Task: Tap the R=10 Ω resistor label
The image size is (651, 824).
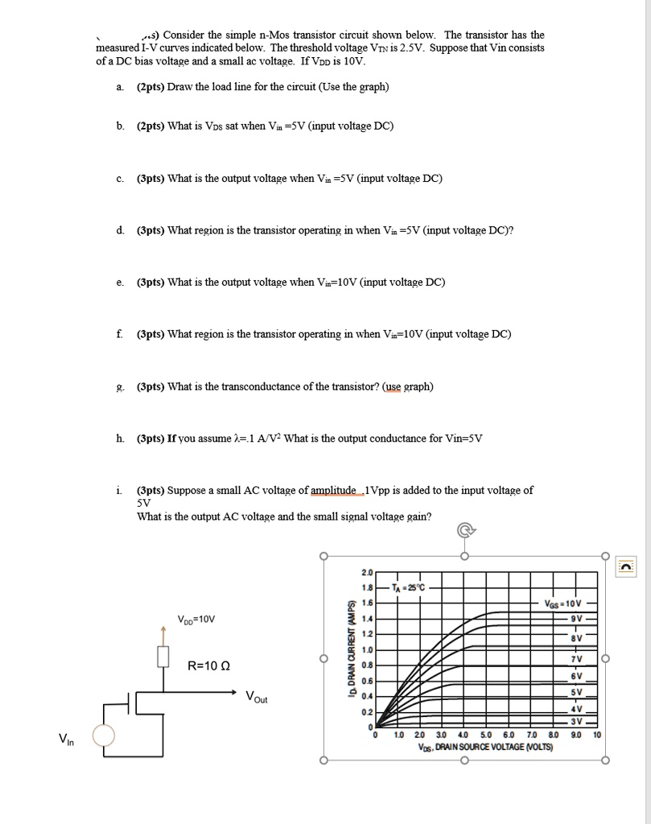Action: click(x=208, y=665)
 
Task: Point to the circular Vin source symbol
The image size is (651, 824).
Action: click(x=104, y=735)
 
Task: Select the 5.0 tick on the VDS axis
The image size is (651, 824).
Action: click(x=485, y=735)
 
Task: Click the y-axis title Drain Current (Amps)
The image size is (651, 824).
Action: click(x=351, y=650)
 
